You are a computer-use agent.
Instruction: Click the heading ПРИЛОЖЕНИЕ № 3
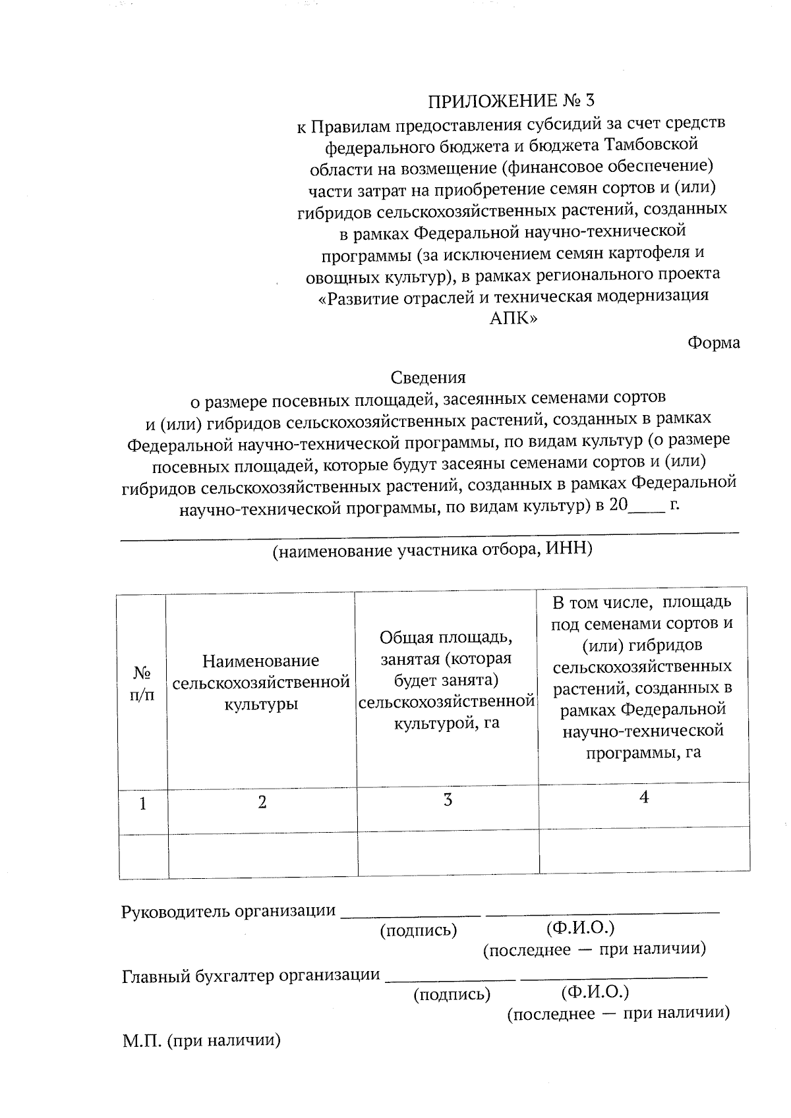tap(511, 101)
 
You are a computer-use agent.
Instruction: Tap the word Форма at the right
tap(713, 343)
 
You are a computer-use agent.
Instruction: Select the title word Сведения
tap(428, 377)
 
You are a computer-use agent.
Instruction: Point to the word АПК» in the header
tap(513, 319)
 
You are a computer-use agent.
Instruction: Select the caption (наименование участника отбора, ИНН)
tap(432, 549)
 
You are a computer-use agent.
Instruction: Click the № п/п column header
tap(142, 683)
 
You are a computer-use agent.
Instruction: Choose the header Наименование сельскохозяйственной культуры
tap(261, 683)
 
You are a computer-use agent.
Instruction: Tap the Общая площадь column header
tap(446, 680)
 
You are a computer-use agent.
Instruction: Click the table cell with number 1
tap(142, 804)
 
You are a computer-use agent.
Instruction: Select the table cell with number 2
tap(262, 802)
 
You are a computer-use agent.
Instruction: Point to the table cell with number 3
tap(448, 800)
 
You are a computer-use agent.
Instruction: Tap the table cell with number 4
tap(644, 798)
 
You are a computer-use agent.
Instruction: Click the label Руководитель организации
tap(228, 912)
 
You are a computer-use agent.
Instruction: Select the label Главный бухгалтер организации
tap(251, 976)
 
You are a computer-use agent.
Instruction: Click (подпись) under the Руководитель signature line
tap(418, 930)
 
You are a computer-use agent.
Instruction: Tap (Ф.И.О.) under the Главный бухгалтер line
tap(595, 992)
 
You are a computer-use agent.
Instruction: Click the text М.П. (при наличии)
tap(201, 1042)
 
